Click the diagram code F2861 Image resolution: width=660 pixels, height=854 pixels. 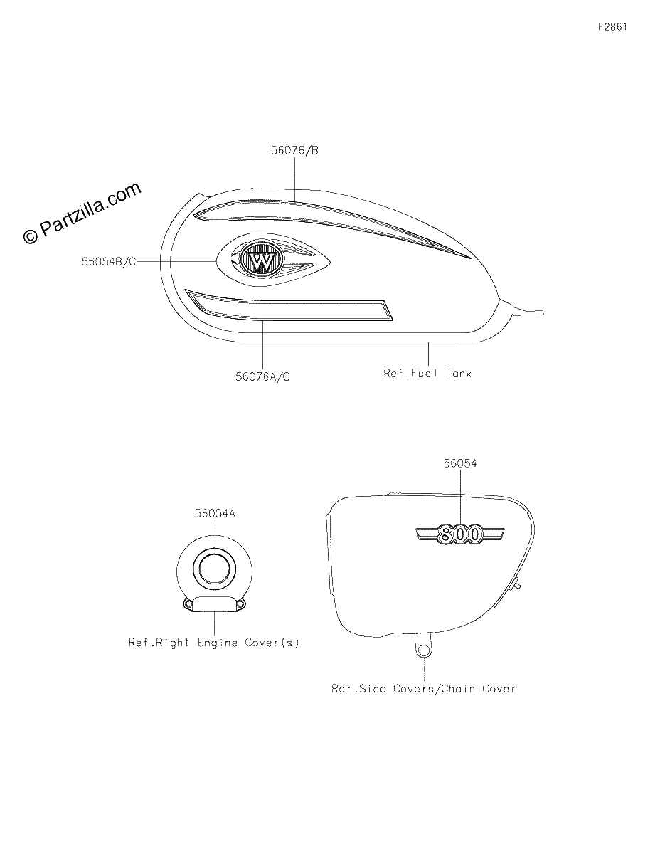pyautogui.click(x=612, y=26)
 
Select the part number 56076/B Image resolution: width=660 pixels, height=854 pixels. pyautogui.click(x=294, y=150)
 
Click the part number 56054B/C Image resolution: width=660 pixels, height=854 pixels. pyautogui.click(x=109, y=261)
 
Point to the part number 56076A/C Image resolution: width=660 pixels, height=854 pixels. pyautogui.click(x=262, y=376)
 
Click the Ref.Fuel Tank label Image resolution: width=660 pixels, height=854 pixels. pyautogui.click(x=427, y=373)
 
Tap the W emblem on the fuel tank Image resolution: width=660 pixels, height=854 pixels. pyautogui.click(x=262, y=260)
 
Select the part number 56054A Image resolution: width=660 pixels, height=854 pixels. pyautogui.click(x=215, y=513)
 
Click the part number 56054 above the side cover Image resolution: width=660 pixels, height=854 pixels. pyautogui.click(x=460, y=463)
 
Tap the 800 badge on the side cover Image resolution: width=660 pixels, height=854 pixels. pyautogui.click(x=459, y=534)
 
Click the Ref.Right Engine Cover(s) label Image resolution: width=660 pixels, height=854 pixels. pyautogui.click(x=214, y=643)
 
